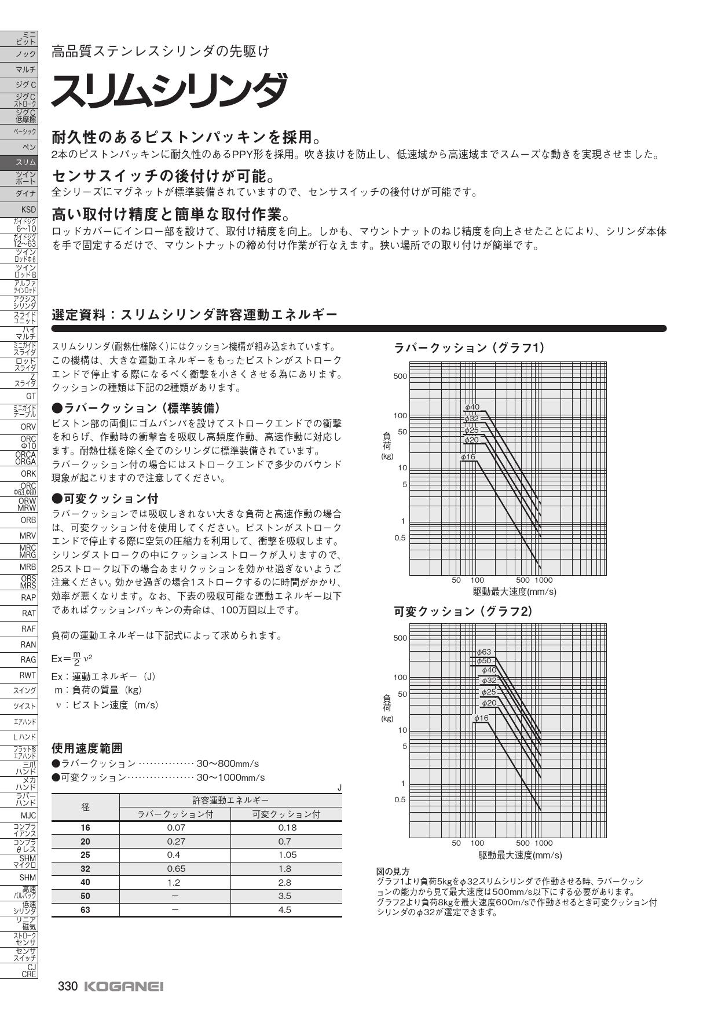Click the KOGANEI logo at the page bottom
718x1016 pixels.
(x=124, y=986)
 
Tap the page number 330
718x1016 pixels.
(x=68, y=986)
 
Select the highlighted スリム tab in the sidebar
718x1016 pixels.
(x=19, y=163)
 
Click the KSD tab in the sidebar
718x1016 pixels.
(x=19, y=209)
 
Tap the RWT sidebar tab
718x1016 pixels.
(x=19, y=675)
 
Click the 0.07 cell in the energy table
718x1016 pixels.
(x=175, y=827)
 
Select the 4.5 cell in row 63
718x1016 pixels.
(x=285, y=909)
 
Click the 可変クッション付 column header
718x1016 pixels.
(x=286, y=814)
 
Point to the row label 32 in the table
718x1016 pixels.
(x=85, y=868)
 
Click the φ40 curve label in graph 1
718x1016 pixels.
(x=472, y=407)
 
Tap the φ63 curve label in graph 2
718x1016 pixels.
(x=483, y=652)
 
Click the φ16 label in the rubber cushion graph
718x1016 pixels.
(x=468, y=457)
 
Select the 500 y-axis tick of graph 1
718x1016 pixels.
(x=400, y=376)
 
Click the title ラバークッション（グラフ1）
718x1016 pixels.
(x=468, y=348)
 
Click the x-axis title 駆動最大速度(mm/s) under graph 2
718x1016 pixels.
(x=520, y=855)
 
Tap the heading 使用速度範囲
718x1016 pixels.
(x=87, y=748)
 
